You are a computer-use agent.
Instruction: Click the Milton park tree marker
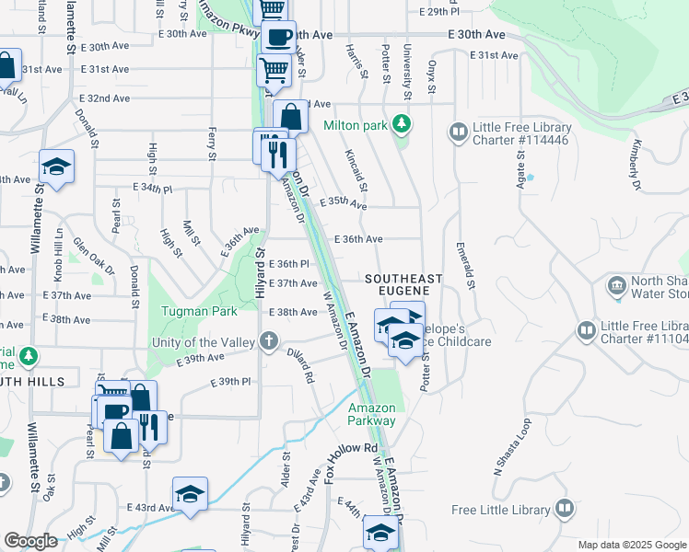[x=401, y=123]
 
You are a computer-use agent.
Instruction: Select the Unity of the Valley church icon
[x=269, y=342]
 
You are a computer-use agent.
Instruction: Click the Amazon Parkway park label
[x=371, y=414]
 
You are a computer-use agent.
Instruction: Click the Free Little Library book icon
[x=564, y=509]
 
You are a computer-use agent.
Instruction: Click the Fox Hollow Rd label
[x=352, y=459]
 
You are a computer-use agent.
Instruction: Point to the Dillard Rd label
[x=303, y=364]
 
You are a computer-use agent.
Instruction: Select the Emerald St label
[x=465, y=266]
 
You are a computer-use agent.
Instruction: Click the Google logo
[x=30, y=541]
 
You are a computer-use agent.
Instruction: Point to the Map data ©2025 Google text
[x=631, y=545]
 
